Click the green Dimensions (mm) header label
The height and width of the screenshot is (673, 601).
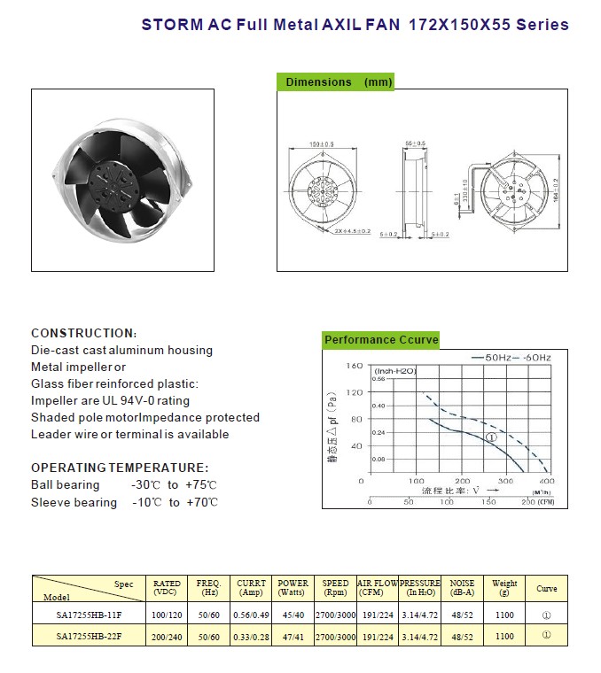pos(337,82)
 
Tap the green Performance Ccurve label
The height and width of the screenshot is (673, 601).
pos(380,340)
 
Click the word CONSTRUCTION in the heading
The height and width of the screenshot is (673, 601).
pos(82,333)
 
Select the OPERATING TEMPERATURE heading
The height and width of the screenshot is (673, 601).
pos(120,468)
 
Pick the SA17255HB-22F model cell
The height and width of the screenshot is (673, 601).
pos(87,636)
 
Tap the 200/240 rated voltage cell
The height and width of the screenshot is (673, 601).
pos(167,636)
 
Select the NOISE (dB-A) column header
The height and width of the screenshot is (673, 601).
pos(462,588)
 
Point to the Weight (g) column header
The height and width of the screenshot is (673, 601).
pos(504,588)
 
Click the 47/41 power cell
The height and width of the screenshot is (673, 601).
pos(293,636)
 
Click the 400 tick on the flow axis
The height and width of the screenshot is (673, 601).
pos(547,481)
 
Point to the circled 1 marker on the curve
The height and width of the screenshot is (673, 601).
pos(491,437)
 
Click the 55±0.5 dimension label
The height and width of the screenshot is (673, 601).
pos(415,143)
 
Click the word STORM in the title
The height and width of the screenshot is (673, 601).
pos(169,26)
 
